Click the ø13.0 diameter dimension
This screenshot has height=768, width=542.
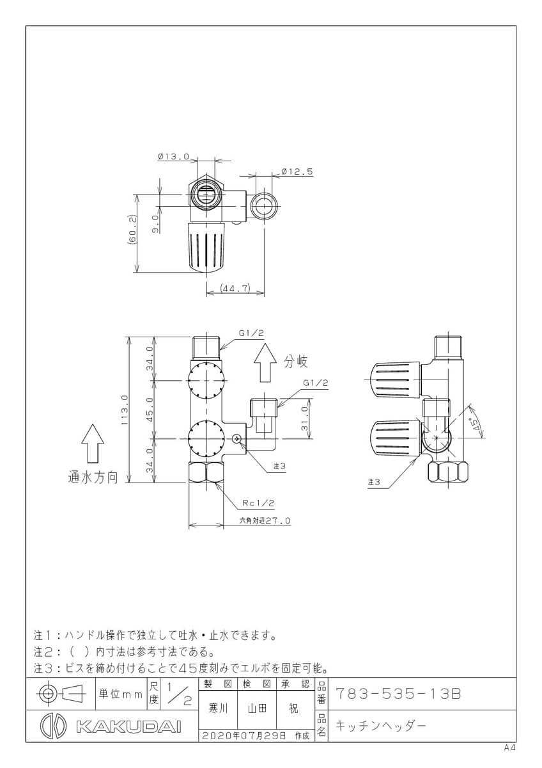(173, 157)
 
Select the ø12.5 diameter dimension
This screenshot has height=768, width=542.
(297, 172)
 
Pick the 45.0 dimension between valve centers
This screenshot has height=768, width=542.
(150, 409)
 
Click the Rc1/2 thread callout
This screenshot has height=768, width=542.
(258, 503)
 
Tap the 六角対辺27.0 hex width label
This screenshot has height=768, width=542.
(265, 521)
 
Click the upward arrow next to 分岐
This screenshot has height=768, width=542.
(265, 363)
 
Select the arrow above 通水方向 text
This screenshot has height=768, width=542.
(93, 444)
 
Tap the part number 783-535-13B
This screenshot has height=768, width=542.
(399, 694)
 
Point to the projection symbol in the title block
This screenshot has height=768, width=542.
(61, 694)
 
